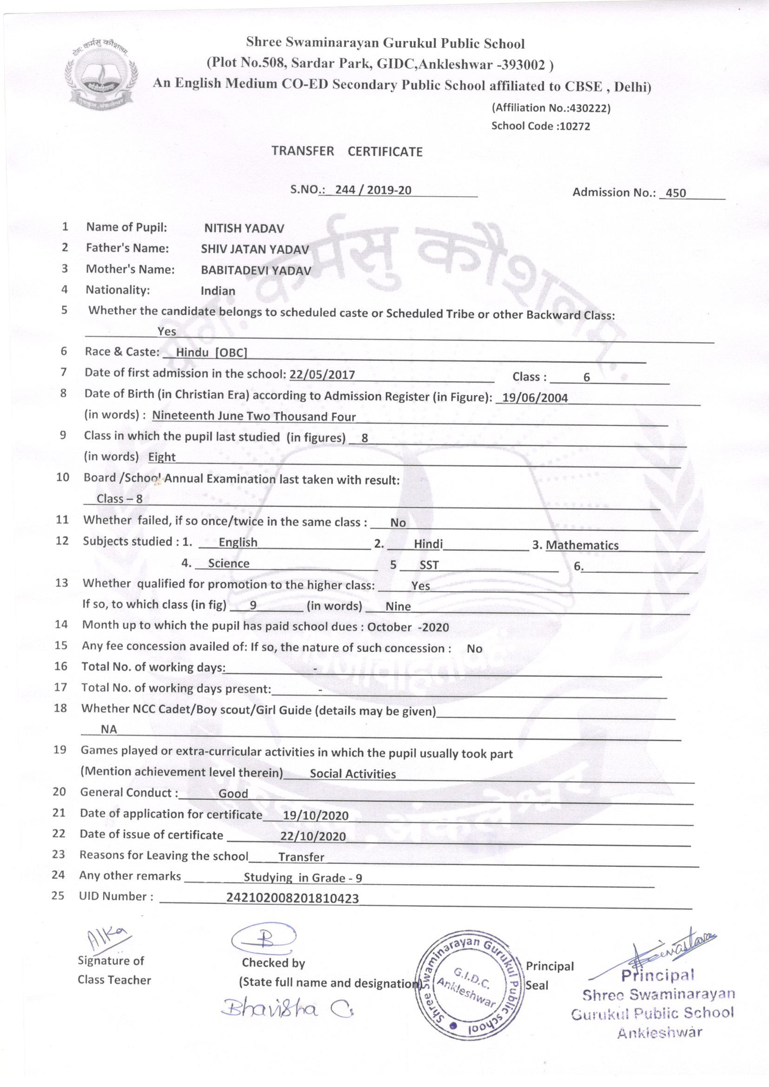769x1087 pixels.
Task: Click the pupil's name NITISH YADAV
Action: tap(244, 229)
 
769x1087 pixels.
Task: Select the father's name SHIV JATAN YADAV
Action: tap(255, 250)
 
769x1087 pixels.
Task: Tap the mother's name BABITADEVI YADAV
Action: tap(256, 270)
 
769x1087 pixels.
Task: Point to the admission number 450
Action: tap(676, 193)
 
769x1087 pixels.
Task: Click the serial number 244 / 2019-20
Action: tap(373, 190)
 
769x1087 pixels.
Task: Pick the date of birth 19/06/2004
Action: tap(535, 398)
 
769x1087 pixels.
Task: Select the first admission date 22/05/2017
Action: tap(322, 375)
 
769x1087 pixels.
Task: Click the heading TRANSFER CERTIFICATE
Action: tap(347, 152)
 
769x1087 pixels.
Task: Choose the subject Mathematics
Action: tap(582, 545)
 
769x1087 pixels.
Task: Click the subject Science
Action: tap(228, 563)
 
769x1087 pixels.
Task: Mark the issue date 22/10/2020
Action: tap(312, 836)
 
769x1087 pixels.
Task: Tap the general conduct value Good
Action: tap(233, 794)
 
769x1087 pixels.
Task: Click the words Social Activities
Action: tap(352, 774)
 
